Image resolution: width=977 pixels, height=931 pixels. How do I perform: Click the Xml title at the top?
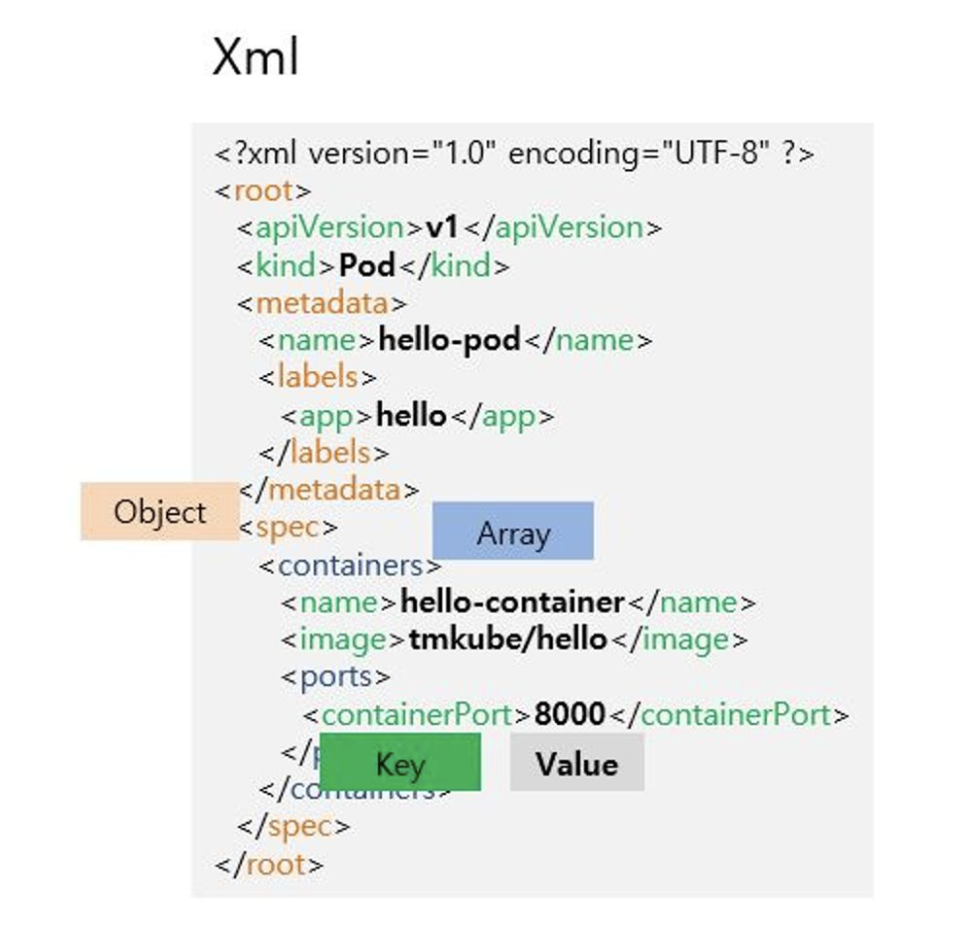coord(255,58)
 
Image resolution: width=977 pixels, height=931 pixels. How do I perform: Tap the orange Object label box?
coord(159,512)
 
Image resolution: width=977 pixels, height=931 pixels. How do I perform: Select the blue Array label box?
coord(512,532)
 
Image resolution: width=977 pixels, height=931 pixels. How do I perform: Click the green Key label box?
coord(400,763)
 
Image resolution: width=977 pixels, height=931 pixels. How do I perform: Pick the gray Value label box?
coord(577,763)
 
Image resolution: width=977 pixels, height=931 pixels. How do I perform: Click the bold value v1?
coord(442,228)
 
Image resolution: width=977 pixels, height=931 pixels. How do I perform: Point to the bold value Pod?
coord(367,266)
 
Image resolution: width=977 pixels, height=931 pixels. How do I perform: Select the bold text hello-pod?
coord(450,340)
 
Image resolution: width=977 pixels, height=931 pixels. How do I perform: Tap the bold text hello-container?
coord(512,602)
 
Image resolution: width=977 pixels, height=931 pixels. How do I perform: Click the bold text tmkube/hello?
coord(507,639)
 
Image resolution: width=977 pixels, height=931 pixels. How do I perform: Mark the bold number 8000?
coord(569,714)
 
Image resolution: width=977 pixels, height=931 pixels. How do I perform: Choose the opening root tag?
coord(264,191)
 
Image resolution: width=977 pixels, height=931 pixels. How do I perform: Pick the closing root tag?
coord(270,864)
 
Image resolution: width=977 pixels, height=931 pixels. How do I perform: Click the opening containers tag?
coord(350,566)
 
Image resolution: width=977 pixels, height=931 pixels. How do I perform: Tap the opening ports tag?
coord(335,676)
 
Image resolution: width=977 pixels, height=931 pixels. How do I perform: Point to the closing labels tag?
coord(325,453)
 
